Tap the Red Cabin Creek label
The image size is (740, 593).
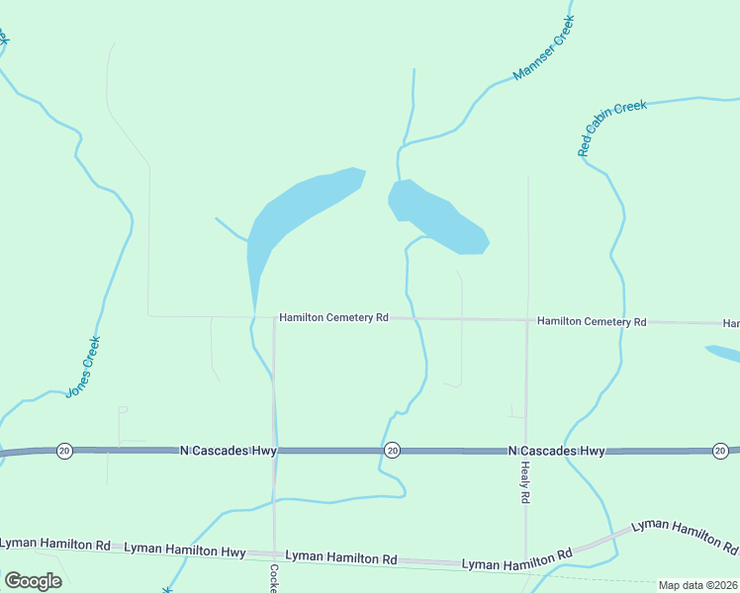click(612, 128)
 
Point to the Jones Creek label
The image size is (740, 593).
click(84, 367)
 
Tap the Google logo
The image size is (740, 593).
click(33, 580)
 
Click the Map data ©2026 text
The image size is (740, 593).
click(697, 585)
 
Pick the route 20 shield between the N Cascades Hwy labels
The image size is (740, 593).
click(392, 450)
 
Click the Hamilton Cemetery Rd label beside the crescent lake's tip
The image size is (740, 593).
click(333, 318)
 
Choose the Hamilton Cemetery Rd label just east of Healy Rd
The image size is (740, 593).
click(592, 321)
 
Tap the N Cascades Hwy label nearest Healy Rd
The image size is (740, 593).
click(557, 451)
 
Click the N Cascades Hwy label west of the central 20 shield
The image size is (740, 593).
click(229, 450)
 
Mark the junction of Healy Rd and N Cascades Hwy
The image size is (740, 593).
click(525, 451)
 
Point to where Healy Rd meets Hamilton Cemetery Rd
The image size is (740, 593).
click(526, 320)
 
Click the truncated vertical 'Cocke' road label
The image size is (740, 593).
click(274, 577)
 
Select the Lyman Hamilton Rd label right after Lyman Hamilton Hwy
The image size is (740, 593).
click(341, 557)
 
